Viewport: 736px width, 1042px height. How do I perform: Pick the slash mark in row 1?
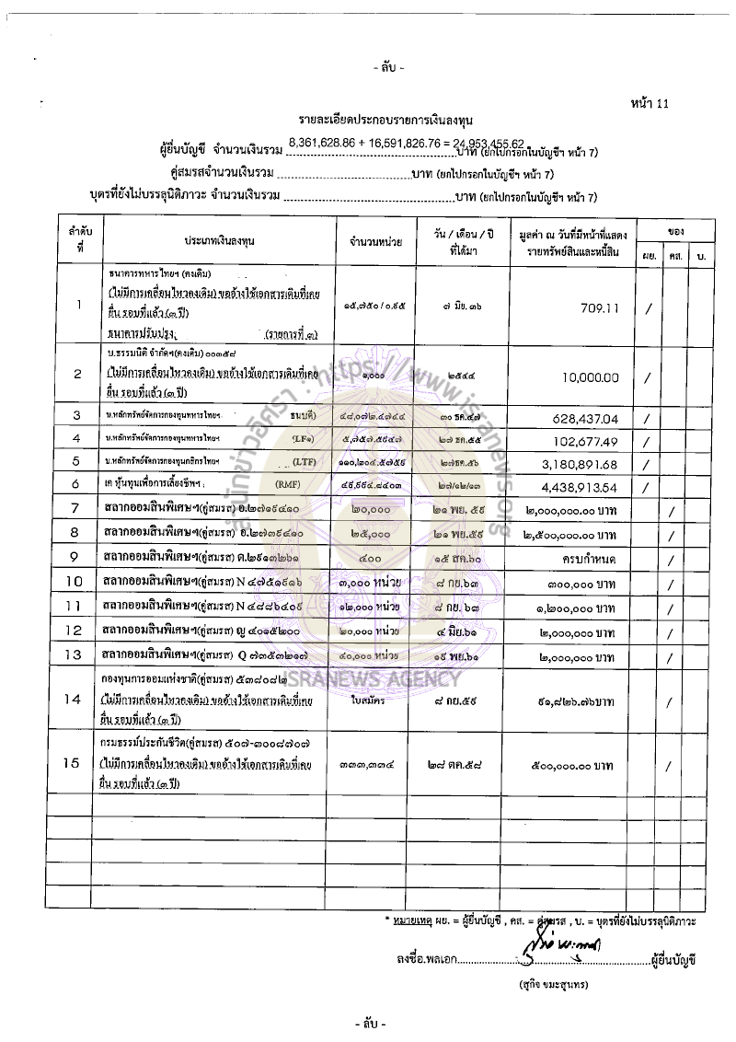point(649,310)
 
